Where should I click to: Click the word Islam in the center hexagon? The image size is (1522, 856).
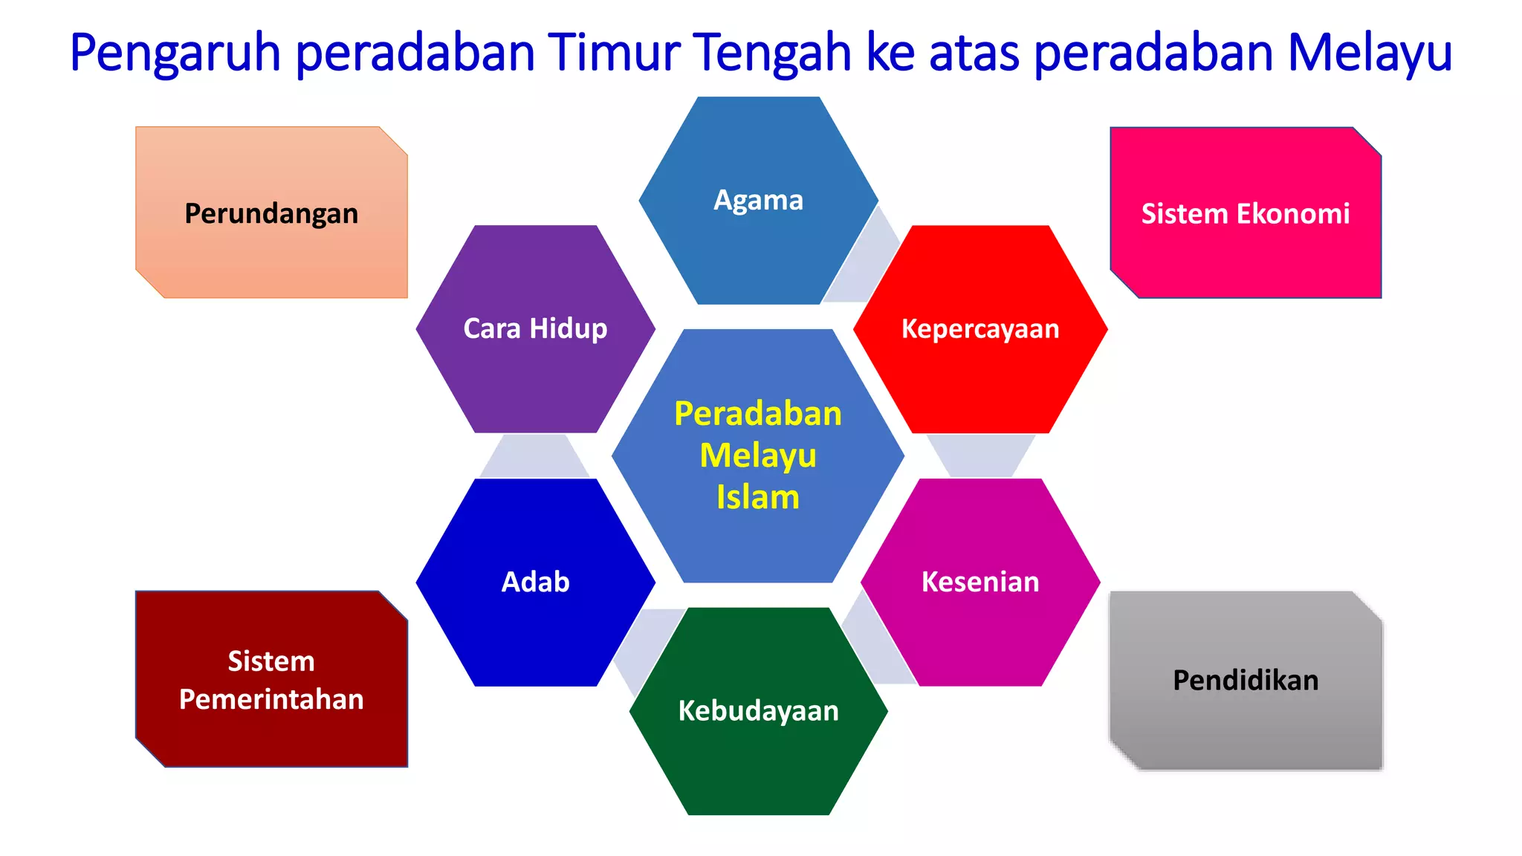758,497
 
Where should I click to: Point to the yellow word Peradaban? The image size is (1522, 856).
758,414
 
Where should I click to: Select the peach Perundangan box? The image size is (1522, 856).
271,213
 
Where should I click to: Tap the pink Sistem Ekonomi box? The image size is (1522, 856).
1246,213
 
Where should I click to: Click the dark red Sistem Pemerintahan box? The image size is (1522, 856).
271,679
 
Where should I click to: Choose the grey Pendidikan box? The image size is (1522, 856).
1246,681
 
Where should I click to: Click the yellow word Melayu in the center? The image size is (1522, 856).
758,455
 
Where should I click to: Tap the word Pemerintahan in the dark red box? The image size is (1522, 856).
271,699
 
